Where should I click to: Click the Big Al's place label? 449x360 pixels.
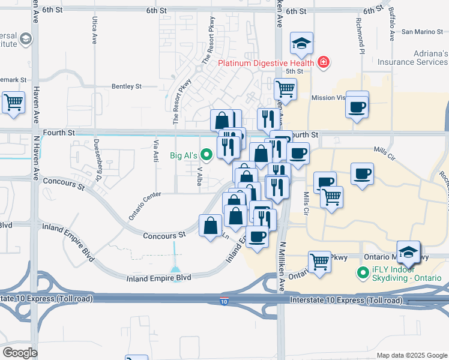point(182,155)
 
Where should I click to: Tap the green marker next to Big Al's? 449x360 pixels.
point(207,155)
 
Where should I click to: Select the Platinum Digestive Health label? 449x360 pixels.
point(266,62)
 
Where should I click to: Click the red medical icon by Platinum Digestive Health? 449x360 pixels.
point(324,62)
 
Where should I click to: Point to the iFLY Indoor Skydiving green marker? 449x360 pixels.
point(363,274)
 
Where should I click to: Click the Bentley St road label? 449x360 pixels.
point(126,86)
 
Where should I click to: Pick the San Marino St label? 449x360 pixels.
point(421,32)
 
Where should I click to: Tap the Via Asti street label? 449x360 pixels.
point(156,152)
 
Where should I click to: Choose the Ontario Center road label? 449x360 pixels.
point(146,204)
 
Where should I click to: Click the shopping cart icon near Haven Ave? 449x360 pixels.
point(13,101)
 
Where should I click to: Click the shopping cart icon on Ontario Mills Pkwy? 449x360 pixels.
point(319,261)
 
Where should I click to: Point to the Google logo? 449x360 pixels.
point(20,353)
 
